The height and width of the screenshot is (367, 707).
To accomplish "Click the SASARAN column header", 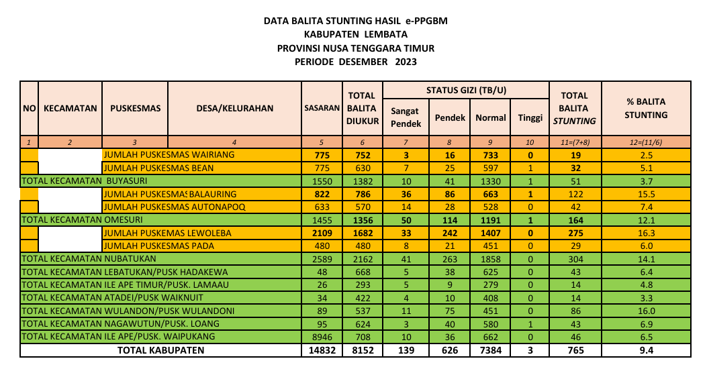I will (x=322, y=108).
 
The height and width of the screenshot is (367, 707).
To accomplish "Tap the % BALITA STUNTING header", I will (x=645, y=108).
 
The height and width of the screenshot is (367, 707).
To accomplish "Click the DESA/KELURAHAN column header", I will (x=234, y=108).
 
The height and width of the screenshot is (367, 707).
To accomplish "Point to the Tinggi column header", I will (x=530, y=117).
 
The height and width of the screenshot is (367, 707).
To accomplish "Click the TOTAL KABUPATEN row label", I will (x=160, y=350).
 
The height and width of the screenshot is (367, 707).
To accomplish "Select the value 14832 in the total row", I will (x=322, y=350).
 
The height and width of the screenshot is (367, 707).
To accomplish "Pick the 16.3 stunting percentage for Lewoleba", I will (x=645, y=233).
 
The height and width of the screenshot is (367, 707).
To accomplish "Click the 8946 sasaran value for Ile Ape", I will (x=322, y=336).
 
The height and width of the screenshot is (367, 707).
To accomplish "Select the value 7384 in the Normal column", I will (x=490, y=350).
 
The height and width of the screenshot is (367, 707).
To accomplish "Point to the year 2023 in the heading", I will (x=406, y=62).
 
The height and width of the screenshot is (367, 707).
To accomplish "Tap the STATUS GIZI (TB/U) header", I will (x=466, y=90).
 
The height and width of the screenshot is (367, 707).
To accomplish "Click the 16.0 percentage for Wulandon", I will (x=645, y=311).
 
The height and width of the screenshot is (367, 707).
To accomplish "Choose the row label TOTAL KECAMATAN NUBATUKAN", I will (x=89, y=258).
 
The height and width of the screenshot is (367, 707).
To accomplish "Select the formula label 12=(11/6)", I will (x=645, y=142).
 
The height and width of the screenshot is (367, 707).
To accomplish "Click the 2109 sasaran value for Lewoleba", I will (x=322, y=233).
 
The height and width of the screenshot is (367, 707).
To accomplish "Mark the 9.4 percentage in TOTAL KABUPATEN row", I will (x=645, y=350).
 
